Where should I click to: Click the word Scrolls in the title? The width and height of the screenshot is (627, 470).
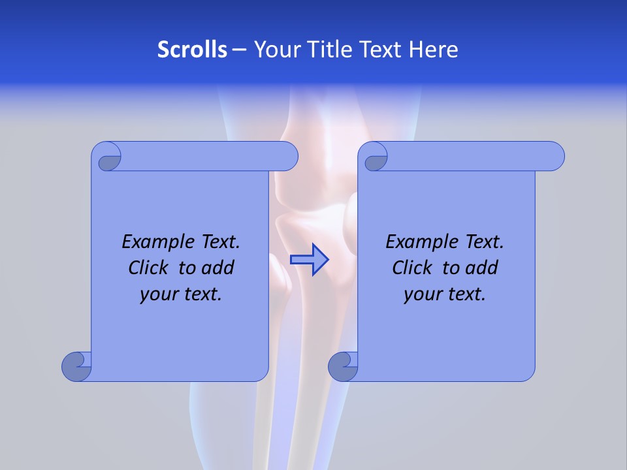pos(193,50)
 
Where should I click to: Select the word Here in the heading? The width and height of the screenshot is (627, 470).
pos(434,50)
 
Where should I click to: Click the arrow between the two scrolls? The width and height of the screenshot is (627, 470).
pos(309,260)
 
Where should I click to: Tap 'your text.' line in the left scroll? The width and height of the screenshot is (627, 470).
pos(181,294)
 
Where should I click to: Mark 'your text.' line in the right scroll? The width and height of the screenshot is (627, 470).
pos(445,294)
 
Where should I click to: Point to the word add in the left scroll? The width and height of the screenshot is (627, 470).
pos(219,268)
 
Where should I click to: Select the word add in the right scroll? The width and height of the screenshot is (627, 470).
pos(483,268)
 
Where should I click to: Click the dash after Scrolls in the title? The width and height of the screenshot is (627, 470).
pos(239,50)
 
